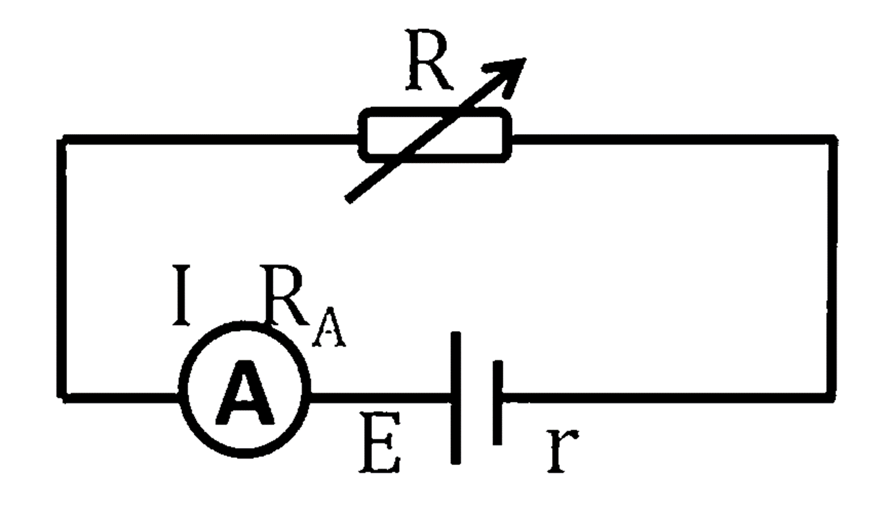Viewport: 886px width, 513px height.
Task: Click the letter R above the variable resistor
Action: click(429, 60)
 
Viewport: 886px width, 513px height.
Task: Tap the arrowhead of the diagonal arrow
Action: click(508, 75)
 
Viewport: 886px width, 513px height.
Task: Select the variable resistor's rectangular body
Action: click(435, 135)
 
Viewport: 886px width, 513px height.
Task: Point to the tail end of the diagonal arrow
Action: click(349, 200)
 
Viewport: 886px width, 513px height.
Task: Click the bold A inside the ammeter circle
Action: click(245, 393)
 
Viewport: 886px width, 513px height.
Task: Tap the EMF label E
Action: click(379, 442)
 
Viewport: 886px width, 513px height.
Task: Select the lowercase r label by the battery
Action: click(563, 450)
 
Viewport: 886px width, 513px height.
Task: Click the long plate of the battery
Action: click(456, 397)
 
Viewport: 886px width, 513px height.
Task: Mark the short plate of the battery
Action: click(498, 403)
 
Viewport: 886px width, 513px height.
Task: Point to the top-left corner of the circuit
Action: click(61, 139)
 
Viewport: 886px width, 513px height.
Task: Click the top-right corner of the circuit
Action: click(832, 139)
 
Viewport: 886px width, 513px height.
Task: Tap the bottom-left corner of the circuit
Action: click(61, 397)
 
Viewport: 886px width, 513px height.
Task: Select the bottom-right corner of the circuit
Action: click(832, 397)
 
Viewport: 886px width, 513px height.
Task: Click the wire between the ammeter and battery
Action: click(381, 397)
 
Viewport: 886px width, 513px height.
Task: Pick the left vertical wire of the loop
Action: click(61, 269)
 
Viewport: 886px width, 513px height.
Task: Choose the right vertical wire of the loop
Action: click(832, 269)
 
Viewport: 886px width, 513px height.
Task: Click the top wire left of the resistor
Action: click(210, 139)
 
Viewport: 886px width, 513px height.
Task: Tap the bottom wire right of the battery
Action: click(668, 397)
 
